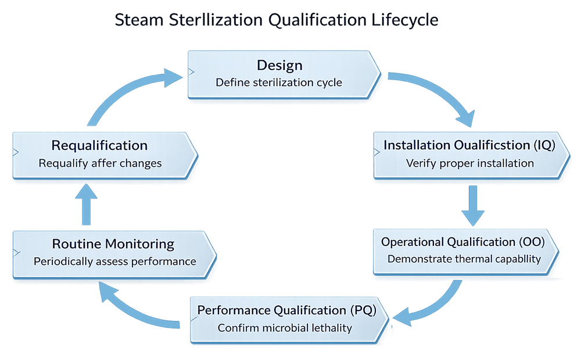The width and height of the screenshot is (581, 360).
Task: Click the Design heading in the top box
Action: tap(279, 64)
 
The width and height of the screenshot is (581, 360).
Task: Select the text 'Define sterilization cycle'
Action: tap(279, 82)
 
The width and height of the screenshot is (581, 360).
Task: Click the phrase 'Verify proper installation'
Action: tap(469, 163)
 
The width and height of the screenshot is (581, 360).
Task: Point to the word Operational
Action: tap(413, 242)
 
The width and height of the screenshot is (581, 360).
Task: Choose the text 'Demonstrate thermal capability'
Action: tap(464, 259)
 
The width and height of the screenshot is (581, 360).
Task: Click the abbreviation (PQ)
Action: tap(363, 310)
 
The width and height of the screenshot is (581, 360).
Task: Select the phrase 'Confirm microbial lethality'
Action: tap(285, 328)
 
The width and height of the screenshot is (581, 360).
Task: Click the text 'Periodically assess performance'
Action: tap(114, 261)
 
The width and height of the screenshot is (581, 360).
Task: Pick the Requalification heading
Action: tap(99, 145)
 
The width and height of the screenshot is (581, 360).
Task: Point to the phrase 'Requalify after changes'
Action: tap(100, 163)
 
